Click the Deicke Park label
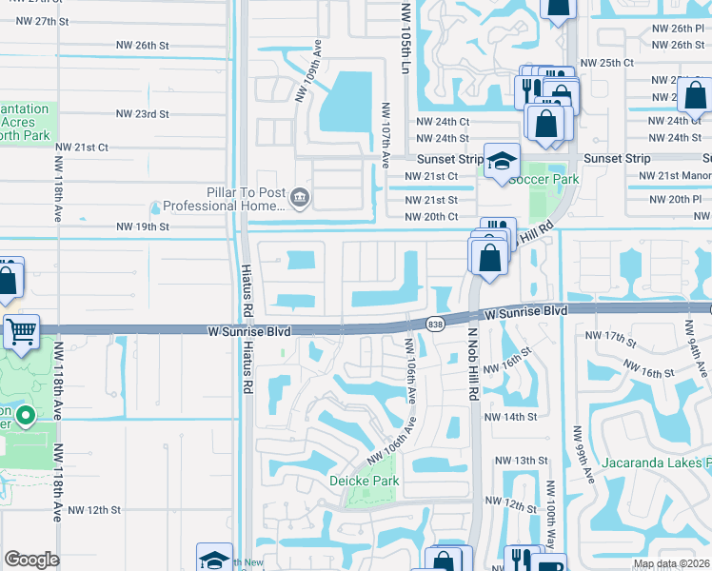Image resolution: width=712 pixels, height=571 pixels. pyautogui.click(x=364, y=481)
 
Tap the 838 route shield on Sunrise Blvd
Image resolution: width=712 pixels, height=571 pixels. pyautogui.click(x=435, y=325)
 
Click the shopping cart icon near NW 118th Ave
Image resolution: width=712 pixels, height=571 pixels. pyautogui.click(x=20, y=332)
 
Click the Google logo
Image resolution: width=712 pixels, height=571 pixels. pyautogui.click(x=31, y=560)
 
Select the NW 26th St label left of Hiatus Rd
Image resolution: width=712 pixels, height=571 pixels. pyautogui.click(x=142, y=45)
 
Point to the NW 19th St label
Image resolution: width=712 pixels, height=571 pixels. pyautogui.click(x=142, y=226)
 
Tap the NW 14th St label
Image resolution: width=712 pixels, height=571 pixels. pyautogui.click(x=510, y=417)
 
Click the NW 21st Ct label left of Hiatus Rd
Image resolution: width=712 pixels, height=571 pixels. pyautogui.click(x=82, y=147)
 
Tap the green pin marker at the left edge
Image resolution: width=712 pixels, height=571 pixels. pyautogui.click(x=27, y=416)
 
